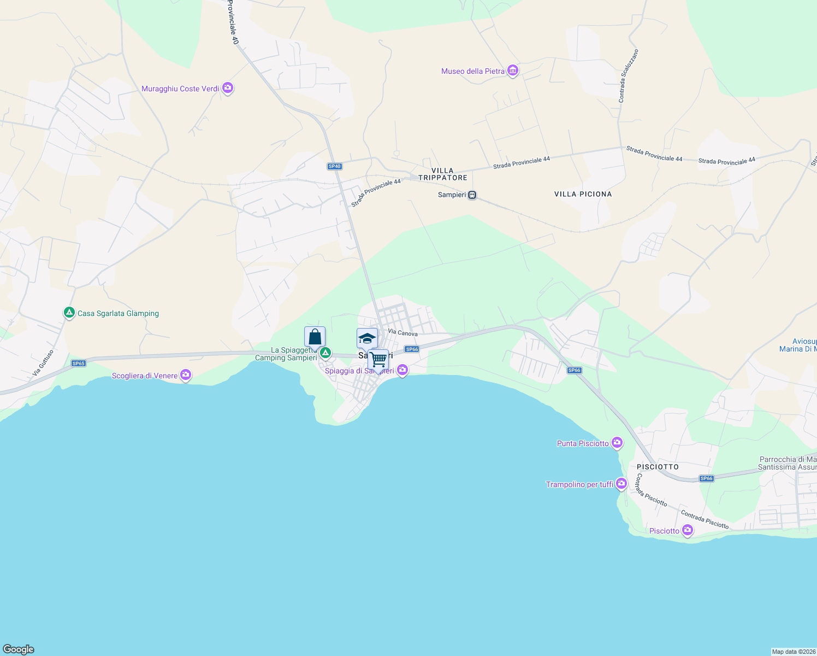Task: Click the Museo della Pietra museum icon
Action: tap(512, 71)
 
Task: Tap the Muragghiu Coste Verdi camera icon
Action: tap(228, 88)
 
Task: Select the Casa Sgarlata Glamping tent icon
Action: tap(69, 313)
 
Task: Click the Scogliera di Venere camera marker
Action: tap(186, 375)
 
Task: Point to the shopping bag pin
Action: tap(315, 337)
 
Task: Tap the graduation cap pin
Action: tap(367, 338)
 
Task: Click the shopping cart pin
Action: tap(378, 360)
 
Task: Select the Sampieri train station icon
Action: tap(472, 195)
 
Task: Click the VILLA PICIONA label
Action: tap(583, 194)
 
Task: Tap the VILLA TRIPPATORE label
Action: tap(442, 174)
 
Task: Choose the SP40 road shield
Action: tap(334, 166)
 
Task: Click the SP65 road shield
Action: tap(79, 363)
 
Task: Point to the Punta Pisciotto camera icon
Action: tap(617, 443)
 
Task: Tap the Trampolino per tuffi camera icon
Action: tap(621, 484)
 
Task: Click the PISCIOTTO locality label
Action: tap(658, 467)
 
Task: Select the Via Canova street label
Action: tap(402, 332)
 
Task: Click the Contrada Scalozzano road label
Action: tap(628, 76)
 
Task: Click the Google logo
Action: tap(19, 649)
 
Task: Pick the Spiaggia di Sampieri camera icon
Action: tap(402, 371)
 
